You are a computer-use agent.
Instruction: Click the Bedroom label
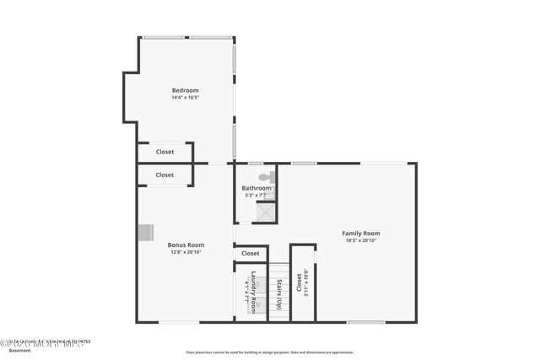(185, 90)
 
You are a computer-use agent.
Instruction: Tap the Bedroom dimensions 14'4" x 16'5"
(185, 98)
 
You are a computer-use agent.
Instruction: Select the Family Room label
(360, 233)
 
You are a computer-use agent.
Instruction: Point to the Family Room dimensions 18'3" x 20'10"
(360, 240)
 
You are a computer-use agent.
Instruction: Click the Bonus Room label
(186, 244)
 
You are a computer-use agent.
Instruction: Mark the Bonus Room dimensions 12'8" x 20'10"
(186, 252)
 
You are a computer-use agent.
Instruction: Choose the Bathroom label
(256, 188)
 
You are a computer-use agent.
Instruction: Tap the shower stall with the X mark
(266, 212)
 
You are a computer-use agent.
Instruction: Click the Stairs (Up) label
(279, 289)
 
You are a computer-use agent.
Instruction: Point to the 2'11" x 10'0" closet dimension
(306, 282)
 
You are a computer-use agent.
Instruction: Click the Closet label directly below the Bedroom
(165, 152)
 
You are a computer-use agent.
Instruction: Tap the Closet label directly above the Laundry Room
(251, 253)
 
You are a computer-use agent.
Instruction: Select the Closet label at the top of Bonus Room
(165, 175)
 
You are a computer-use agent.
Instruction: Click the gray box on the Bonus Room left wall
(146, 232)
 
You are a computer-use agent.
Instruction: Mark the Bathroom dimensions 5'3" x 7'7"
(256, 196)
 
